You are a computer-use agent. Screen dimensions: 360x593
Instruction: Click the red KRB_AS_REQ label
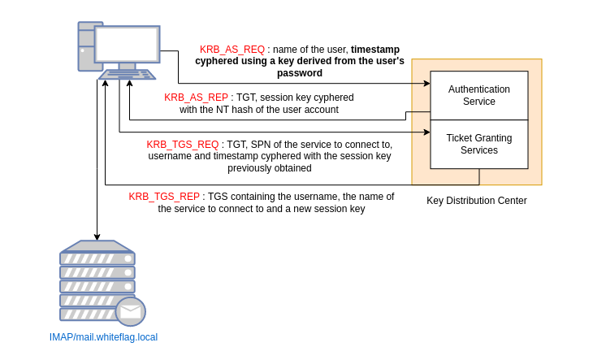pyautogui.click(x=232, y=50)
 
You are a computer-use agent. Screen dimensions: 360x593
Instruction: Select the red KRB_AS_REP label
pyautogui.click(x=196, y=98)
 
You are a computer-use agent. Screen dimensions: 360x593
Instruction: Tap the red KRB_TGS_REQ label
pyautogui.click(x=183, y=145)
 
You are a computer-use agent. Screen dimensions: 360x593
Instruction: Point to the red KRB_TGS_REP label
pyautogui.click(x=164, y=197)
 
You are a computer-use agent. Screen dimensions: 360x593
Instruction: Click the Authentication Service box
pyautogui.click(x=479, y=95)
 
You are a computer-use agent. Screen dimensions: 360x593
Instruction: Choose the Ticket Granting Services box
pyautogui.click(x=479, y=145)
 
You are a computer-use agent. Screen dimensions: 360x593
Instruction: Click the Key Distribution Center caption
pyautogui.click(x=477, y=201)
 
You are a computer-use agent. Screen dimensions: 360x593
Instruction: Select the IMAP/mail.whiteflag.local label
pyautogui.click(x=103, y=337)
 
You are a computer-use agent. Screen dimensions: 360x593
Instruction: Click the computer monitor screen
pyautogui.click(x=127, y=44)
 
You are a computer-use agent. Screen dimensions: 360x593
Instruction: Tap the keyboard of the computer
pyautogui.click(x=128, y=75)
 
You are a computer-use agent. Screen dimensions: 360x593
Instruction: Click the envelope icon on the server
pyautogui.click(x=131, y=311)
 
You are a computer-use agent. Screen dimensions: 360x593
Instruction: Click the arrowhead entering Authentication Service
pyautogui.click(x=426, y=83)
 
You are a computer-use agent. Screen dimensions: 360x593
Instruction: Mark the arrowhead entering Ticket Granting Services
pyautogui.click(x=426, y=132)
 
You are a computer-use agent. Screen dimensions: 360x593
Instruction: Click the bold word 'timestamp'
pyautogui.click(x=374, y=50)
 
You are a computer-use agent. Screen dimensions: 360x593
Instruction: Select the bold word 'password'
pyautogui.click(x=299, y=73)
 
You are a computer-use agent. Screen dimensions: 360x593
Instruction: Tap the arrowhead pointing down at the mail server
pyautogui.click(x=97, y=236)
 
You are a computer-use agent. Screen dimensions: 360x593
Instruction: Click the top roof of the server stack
pyautogui.click(x=97, y=245)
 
